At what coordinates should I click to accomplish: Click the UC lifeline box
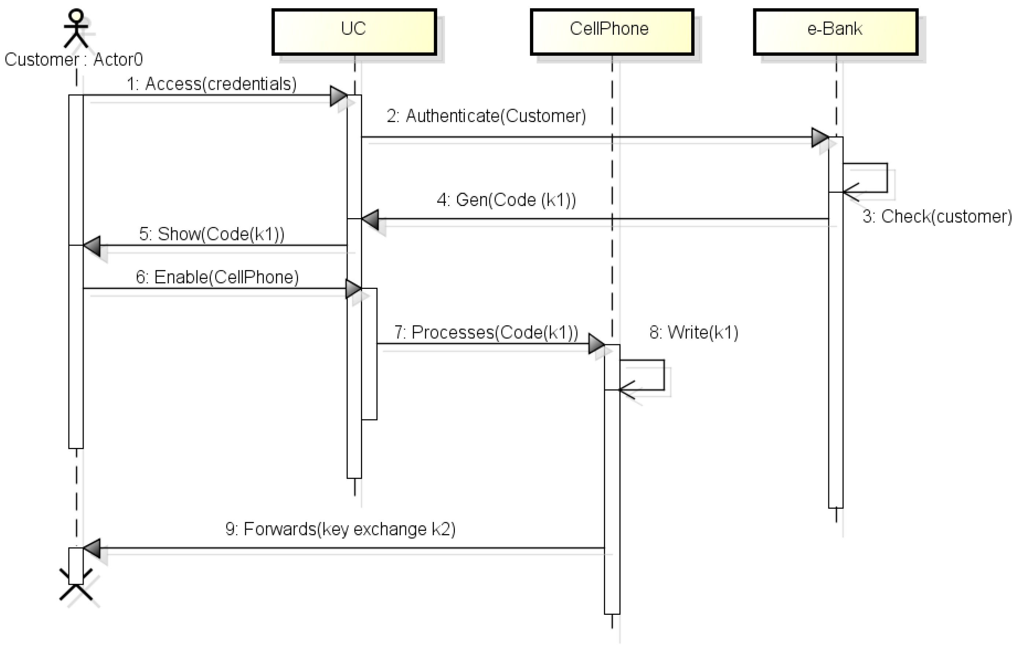coord(354,32)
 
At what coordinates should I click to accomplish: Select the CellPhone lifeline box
coord(612,32)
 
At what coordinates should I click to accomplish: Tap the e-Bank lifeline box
coord(835,32)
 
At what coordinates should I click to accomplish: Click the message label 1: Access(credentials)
coord(212,84)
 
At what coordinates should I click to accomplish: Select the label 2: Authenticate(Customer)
coord(486,116)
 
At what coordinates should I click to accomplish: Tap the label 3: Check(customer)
coord(937,217)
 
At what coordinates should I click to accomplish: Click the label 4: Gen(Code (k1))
coord(506,199)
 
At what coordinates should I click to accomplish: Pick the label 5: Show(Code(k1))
coord(212,234)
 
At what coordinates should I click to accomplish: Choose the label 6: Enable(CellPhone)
coord(217,277)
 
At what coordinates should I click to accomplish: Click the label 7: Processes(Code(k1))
coord(486,332)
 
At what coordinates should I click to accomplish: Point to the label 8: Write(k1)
coord(694,332)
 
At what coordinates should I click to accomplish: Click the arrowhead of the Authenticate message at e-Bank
coord(820,137)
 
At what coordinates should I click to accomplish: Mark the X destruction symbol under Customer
coord(76,585)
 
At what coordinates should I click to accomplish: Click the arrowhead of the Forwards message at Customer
coord(92,548)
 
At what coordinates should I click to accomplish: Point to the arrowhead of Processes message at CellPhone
coord(596,344)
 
